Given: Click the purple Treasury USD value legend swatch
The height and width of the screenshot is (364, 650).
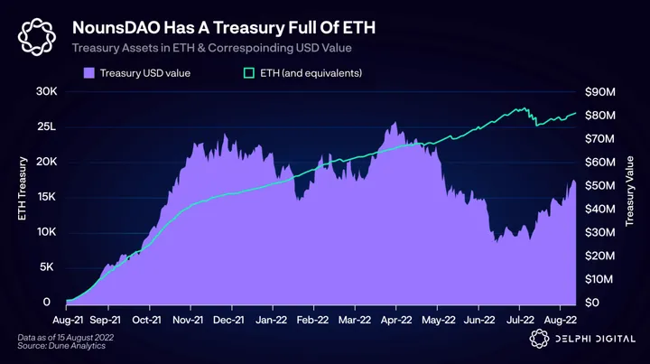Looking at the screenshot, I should tap(89, 72).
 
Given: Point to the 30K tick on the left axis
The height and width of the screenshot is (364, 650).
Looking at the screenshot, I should tap(45, 92).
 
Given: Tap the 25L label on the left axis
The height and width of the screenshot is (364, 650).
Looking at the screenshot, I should tap(45, 126).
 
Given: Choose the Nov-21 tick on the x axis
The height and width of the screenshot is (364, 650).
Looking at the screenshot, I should tap(189, 319).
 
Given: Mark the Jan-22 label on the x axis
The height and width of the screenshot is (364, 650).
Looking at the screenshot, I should tap(271, 319).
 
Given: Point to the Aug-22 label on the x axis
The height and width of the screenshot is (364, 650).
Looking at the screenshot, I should tap(560, 319).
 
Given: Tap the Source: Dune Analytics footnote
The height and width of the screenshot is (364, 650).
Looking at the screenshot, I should tap(57, 346).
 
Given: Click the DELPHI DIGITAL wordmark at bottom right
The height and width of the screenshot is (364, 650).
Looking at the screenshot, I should tap(592, 340).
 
